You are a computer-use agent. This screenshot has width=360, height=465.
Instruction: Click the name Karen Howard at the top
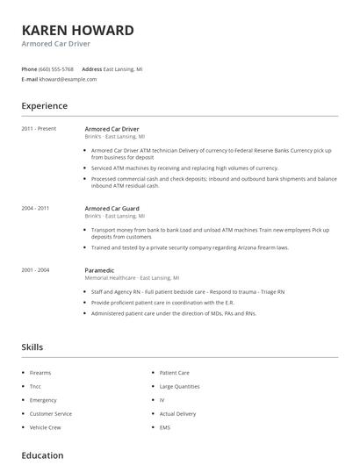pos(77,30)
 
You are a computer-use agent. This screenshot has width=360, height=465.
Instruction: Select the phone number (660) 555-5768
pos(56,68)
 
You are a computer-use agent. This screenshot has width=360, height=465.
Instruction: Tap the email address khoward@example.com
pos(68,79)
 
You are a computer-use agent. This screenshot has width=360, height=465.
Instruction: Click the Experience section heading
pos(44,106)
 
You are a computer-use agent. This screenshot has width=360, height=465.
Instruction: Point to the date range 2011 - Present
pos(39,128)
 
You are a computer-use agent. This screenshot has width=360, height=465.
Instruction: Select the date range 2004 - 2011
pos(36,208)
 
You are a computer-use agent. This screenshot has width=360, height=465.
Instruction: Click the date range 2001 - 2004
pos(36,270)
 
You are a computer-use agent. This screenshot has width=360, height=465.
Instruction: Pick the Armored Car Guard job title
pos(112,208)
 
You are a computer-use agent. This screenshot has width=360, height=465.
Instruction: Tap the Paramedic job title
pos(100,270)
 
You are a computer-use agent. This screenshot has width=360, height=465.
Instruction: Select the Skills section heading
pos(32,347)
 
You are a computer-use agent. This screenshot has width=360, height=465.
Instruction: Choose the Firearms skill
pos(40,373)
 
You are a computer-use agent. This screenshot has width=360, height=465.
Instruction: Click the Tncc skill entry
pos(36,386)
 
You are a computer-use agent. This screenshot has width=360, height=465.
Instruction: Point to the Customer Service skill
pos(50,413)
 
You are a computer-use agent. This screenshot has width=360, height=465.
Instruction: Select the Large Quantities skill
pos(178,386)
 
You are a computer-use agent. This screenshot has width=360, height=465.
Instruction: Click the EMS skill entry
pos(165,426)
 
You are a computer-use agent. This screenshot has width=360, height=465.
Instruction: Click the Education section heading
pos(42,455)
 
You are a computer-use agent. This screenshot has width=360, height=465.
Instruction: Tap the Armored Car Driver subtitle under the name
pos(56,44)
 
